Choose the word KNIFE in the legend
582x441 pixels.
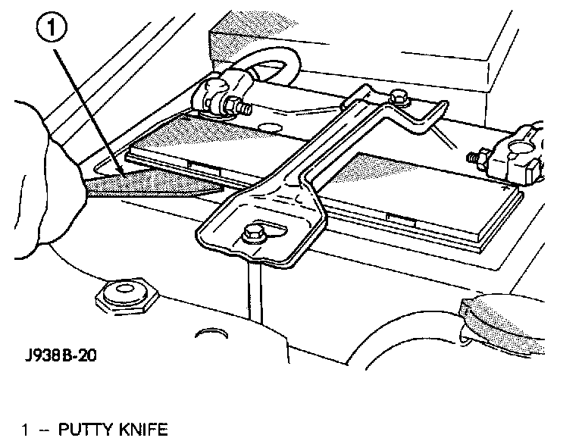(x=141, y=430)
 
